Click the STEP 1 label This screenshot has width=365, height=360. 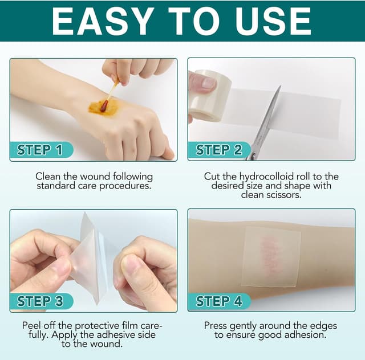pyautogui.click(x=39, y=150)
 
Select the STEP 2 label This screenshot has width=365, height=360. pyautogui.click(x=218, y=150)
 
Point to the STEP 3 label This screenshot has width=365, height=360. pyautogui.click(x=40, y=301)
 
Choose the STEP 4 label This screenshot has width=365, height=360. pyautogui.click(x=219, y=301)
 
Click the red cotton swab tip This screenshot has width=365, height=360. pyautogui.click(x=104, y=106)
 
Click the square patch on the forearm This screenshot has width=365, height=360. pyautogui.click(x=271, y=257)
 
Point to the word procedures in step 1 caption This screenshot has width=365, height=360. pyautogui.click(x=125, y=186)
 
